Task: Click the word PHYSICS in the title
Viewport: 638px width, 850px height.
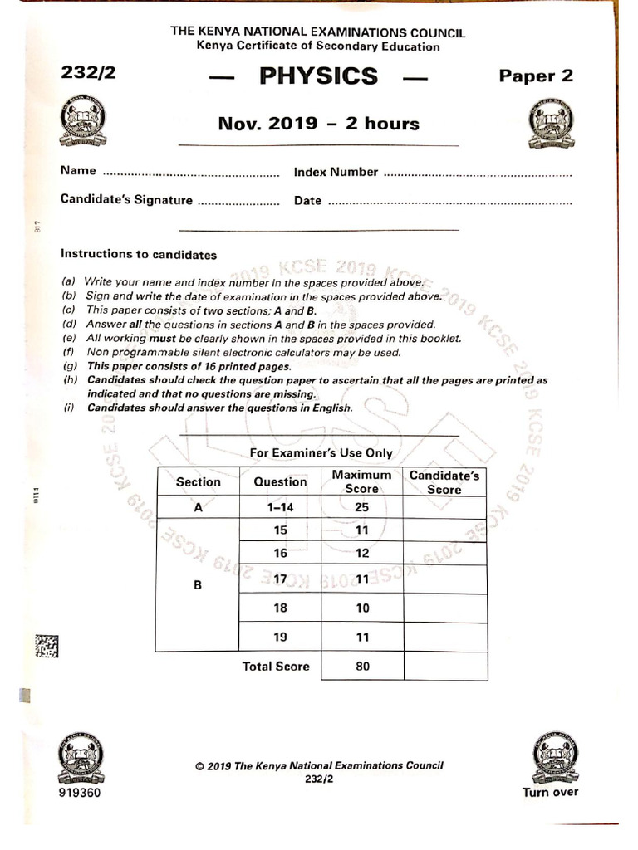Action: (319, 76)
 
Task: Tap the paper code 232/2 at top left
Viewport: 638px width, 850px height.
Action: (89, 73)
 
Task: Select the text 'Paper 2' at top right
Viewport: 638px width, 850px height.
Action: (536, 76)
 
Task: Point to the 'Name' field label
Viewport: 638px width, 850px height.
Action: (78, 172)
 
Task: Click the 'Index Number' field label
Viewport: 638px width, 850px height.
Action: (336, 173)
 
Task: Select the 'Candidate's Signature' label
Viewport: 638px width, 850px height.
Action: (126, 200)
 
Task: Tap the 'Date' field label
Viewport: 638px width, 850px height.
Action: (307, 201)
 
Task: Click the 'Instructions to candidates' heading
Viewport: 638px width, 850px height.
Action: (139, 255)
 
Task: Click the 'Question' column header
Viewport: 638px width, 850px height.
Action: (280, 481)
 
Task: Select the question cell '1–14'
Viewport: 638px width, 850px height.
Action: (280, 507)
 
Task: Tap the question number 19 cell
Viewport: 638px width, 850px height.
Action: (280, 637)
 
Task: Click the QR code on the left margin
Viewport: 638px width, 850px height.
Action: (47, 647)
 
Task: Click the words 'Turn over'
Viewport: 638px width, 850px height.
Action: (550, 791)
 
